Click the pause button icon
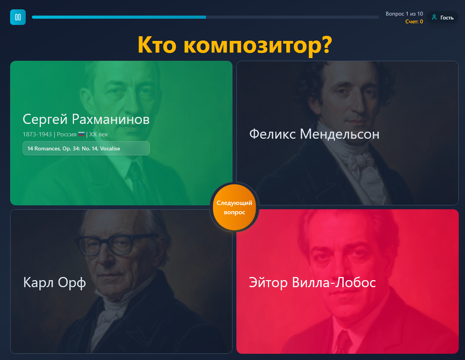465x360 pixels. point(18,17)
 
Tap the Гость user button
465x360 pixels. point(442,18)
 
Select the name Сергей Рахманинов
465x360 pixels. point(86,119)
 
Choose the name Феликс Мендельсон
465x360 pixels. point(314,134)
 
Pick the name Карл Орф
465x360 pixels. point(55,282)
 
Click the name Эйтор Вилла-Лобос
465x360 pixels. point(312,282)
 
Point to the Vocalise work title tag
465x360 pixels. point(86,148)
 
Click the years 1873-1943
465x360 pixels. point(37,134)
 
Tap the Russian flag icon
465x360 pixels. point(81,134)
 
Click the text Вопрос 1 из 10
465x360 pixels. point(404,14)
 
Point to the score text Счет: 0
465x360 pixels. point(414,21)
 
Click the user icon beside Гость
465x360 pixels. point(434,17)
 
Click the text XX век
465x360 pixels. point(99,134)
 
